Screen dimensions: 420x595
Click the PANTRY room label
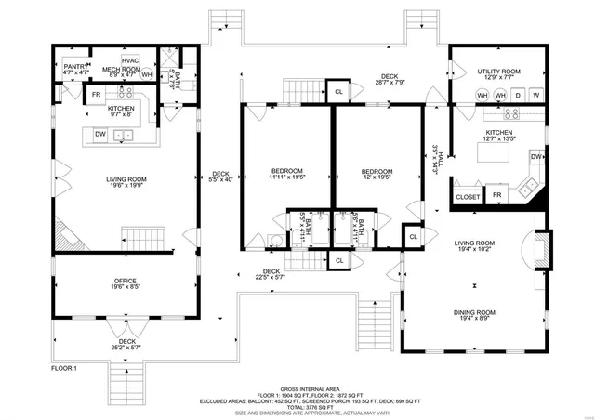[x=75, y=67]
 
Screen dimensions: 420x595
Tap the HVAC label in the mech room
[x=130, y=60]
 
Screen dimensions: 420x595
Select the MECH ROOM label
[x=121, y=70]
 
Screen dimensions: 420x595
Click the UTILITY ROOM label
[x=498, y=72]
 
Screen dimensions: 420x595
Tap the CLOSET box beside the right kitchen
[x=468, y=197]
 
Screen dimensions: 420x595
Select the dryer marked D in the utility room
[x=518, y=95]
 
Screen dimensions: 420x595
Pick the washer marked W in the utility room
[x=535, y=95]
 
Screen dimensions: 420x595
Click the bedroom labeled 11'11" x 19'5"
[x=287, y=178]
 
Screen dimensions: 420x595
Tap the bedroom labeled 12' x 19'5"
[x=377, y=178]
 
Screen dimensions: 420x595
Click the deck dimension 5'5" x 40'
[x=220, y=180]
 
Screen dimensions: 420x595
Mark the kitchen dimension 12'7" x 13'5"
[x=498, y=140]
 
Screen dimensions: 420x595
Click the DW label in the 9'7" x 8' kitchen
[x=99, y=135]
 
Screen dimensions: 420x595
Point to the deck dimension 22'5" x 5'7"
[x=271, y=276]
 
